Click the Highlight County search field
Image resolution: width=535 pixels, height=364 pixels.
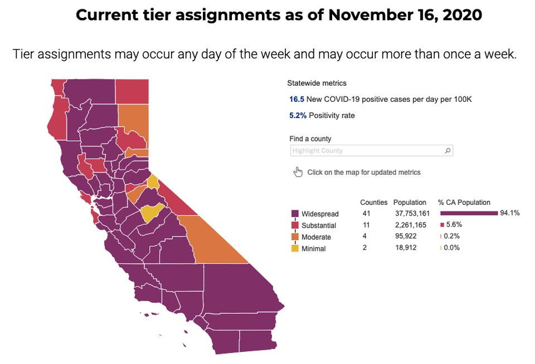[x=372, y=151]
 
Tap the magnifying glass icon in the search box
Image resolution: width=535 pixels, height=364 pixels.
[x=448, y=151]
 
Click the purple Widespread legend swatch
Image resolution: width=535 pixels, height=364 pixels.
[x=295, y=214]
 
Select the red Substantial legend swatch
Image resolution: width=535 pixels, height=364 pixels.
[x=295, y=225]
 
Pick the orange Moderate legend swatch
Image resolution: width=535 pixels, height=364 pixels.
[x=295, y=237]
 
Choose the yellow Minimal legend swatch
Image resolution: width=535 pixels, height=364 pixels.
[x=295, y=248]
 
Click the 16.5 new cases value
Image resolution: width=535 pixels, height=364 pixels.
[x=296, y=99]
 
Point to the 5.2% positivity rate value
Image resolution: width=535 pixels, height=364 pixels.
[x=298, y=116]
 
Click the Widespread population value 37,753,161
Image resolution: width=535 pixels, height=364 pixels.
[x=412, y=214]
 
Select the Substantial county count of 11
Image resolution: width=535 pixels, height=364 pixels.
[x=366, y=225]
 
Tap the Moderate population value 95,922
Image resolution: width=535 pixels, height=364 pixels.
[x=406, y=236]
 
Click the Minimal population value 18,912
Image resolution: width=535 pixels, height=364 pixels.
[x=406, y=248]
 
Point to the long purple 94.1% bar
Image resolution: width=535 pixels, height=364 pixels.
[x=469, y=213]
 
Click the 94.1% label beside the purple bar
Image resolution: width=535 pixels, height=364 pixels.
[x=510, y=213]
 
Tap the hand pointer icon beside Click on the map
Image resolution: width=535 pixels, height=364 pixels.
[x=298, y=172]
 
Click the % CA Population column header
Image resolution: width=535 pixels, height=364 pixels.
[x=464, y=203]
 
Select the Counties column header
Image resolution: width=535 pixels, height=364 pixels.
[x=373, y=203]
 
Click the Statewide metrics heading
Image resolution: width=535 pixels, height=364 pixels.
[x=317, y=83]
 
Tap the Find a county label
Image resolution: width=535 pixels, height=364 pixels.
[x=310, y=139]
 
